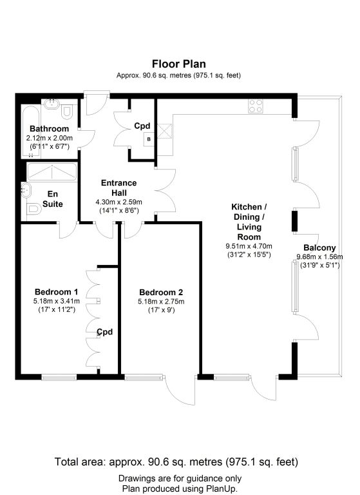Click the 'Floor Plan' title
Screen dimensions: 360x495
[x=179, y=64]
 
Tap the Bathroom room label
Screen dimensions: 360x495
[x=49, y=129]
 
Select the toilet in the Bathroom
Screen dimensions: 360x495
[x=67, y=112]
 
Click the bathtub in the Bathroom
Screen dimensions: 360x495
[x=30, y=131]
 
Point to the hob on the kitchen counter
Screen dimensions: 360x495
[x=256, y=106]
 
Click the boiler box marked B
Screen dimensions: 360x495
[x=149, y=139]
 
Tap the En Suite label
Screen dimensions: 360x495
[x=53, y=199]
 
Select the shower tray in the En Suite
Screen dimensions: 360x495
[x=52, y=172]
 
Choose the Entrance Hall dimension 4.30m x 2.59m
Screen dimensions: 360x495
[x=118, y=202]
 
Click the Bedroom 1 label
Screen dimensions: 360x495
[x=57, y=292]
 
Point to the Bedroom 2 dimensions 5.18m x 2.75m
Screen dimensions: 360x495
[x=161, y=302]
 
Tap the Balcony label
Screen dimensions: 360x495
[x=319, y=247]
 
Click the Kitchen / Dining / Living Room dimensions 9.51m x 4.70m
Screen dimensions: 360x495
[x=249, y=246]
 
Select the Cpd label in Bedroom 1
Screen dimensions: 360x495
[x=105, y=332]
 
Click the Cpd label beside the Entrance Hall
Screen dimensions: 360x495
[x=142, y=126]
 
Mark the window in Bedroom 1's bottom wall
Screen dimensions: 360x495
[x=59, y=377]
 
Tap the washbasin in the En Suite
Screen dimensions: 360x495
[x=26, y=190]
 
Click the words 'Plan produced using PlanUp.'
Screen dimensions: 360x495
[x=180, y=489]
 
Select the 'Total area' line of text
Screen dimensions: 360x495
[x=176, y=462]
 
